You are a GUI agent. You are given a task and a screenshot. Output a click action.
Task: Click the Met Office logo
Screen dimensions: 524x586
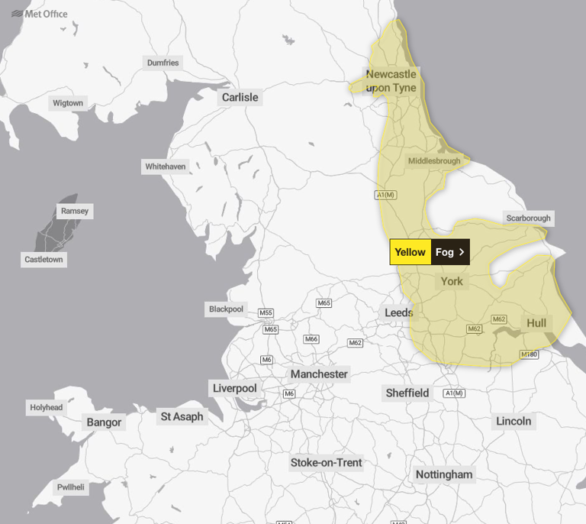[x=40, y=14]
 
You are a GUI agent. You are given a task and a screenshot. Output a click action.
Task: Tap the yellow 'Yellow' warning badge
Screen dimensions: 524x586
[x=411, y=252]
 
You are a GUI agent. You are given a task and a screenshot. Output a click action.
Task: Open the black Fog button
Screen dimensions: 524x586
[x=450, y=252]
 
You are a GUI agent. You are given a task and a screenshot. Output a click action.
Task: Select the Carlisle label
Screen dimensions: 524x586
[x=240, y=97]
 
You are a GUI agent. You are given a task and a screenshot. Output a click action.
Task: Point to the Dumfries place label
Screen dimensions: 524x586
[x=163, y=63]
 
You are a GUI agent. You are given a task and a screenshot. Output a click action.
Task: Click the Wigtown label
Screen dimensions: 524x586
[x=68, y=103]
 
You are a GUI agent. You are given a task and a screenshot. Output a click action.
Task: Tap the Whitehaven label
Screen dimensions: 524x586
[x=165, y=167]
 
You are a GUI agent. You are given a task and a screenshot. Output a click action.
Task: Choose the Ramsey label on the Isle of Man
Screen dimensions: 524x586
[x=75, y=211]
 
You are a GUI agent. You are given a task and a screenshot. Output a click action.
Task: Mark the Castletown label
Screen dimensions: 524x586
[x=44, y=260]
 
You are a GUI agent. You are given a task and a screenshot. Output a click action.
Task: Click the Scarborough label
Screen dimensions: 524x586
[x=528, y=218]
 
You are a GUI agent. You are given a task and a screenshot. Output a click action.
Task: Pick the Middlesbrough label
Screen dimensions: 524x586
[x=434, y=161]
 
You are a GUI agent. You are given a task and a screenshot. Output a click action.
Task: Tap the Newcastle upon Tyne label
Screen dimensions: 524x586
[x=391, y=81]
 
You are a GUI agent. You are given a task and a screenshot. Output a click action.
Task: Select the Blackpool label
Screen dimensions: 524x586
[x=226, y=309]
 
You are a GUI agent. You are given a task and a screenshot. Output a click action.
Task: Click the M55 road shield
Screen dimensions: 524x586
[x=266, y=313]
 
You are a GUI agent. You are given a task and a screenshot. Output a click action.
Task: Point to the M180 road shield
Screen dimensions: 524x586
[x=530, y=354]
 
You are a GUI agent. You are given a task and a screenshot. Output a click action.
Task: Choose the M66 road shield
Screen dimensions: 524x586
[x=311, y=339]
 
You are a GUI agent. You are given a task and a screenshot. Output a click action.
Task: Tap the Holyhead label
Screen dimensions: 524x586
[x=46, y=407]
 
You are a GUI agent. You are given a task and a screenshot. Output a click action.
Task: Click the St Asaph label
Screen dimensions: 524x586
[x=182, y=416]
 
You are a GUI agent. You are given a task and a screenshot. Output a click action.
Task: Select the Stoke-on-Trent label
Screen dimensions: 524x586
[x=326, y=462]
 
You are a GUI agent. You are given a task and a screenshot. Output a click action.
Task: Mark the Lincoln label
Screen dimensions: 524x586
[x=514, y=421]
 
